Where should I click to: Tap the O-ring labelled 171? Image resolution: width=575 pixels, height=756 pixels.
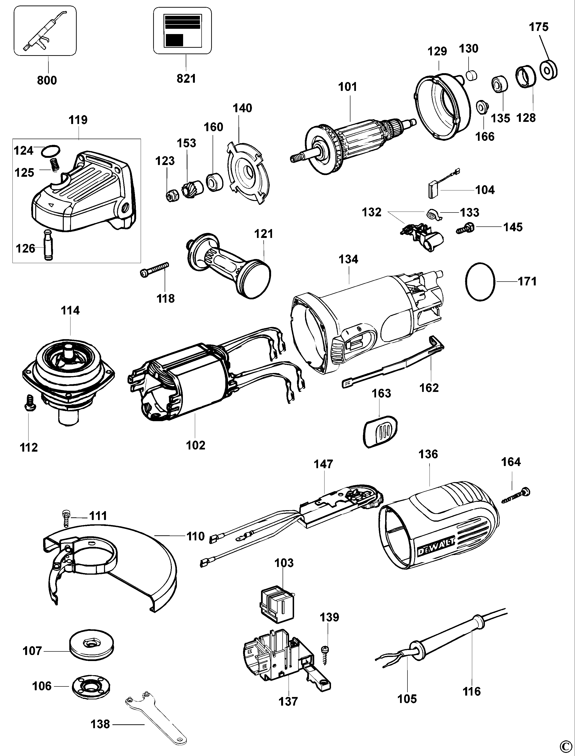pos(481,282)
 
